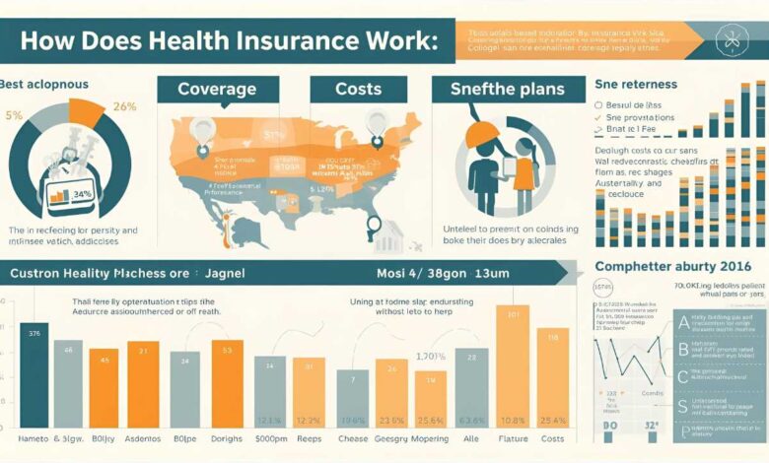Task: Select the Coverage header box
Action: (217, 89)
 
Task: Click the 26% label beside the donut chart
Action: (125, 105)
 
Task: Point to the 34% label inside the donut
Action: (82, 193)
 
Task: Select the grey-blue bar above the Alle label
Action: (471, 389)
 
